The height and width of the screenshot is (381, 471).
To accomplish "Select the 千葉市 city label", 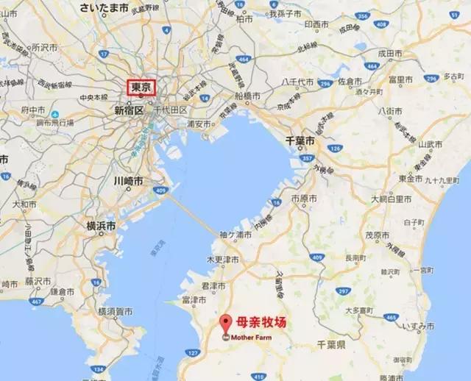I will [x=300, y=140].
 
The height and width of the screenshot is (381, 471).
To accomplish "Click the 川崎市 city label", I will [x=129, y=180].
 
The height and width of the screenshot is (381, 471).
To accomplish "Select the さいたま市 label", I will [x=105, y=9].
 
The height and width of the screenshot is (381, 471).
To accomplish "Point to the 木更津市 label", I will [x=223, y=260].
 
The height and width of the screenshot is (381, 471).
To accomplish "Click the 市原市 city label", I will [x=303, y=200].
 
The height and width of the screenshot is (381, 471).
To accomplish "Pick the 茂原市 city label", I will [x=378, y=236].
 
